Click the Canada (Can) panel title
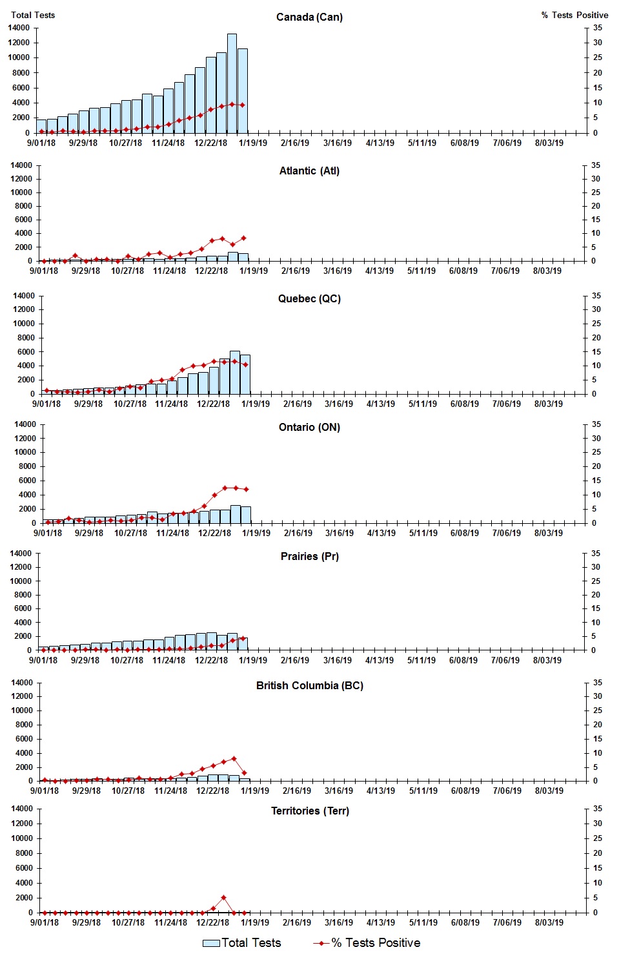coord(309,17)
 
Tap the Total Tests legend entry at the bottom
coord(242,943)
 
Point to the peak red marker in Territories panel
coord(223,898)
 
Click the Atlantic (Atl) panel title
coord(309,171)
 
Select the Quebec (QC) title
coord(309,298)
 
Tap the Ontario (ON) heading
coord(309,427)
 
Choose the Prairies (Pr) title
coord(309,556)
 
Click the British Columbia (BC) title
coord(309,685)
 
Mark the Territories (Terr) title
coord(309,811)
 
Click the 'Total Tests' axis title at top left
coord(33,15)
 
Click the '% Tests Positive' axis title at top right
coord(574,15)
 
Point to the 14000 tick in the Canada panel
coord(19,28)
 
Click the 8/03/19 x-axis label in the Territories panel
coord(549,922)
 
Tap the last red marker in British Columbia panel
coord(244,773)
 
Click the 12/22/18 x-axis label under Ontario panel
coord(214,533)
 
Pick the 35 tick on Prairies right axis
coord(596,554)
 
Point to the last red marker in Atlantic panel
coord(243,238)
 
